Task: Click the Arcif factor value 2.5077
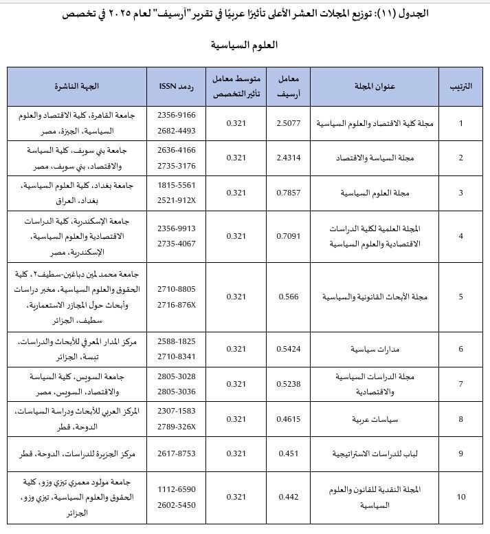point(288,124)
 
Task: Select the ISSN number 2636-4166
point(177,149)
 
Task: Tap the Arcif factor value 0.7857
point(288,193)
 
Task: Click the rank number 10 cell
point(460,497)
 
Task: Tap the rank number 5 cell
point(460,297)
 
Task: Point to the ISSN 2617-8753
point(177,453)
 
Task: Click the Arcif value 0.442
point(288,497)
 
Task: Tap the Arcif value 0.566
point(288,297)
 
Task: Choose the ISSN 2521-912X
point(177,200)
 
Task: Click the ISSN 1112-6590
point(177,489)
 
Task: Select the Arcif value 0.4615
point(288,418)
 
